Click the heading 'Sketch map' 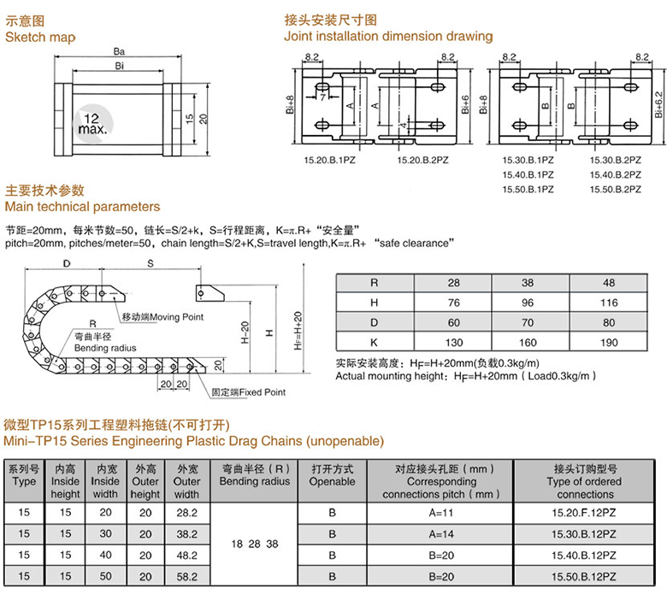[40, 37]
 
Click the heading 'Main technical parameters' [82, 207]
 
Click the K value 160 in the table [527, 342]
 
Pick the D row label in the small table [373, 322]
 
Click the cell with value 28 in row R [453, 282]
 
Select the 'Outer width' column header [186, 482]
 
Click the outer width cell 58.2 [186, 577]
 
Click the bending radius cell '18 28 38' [255, 544]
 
